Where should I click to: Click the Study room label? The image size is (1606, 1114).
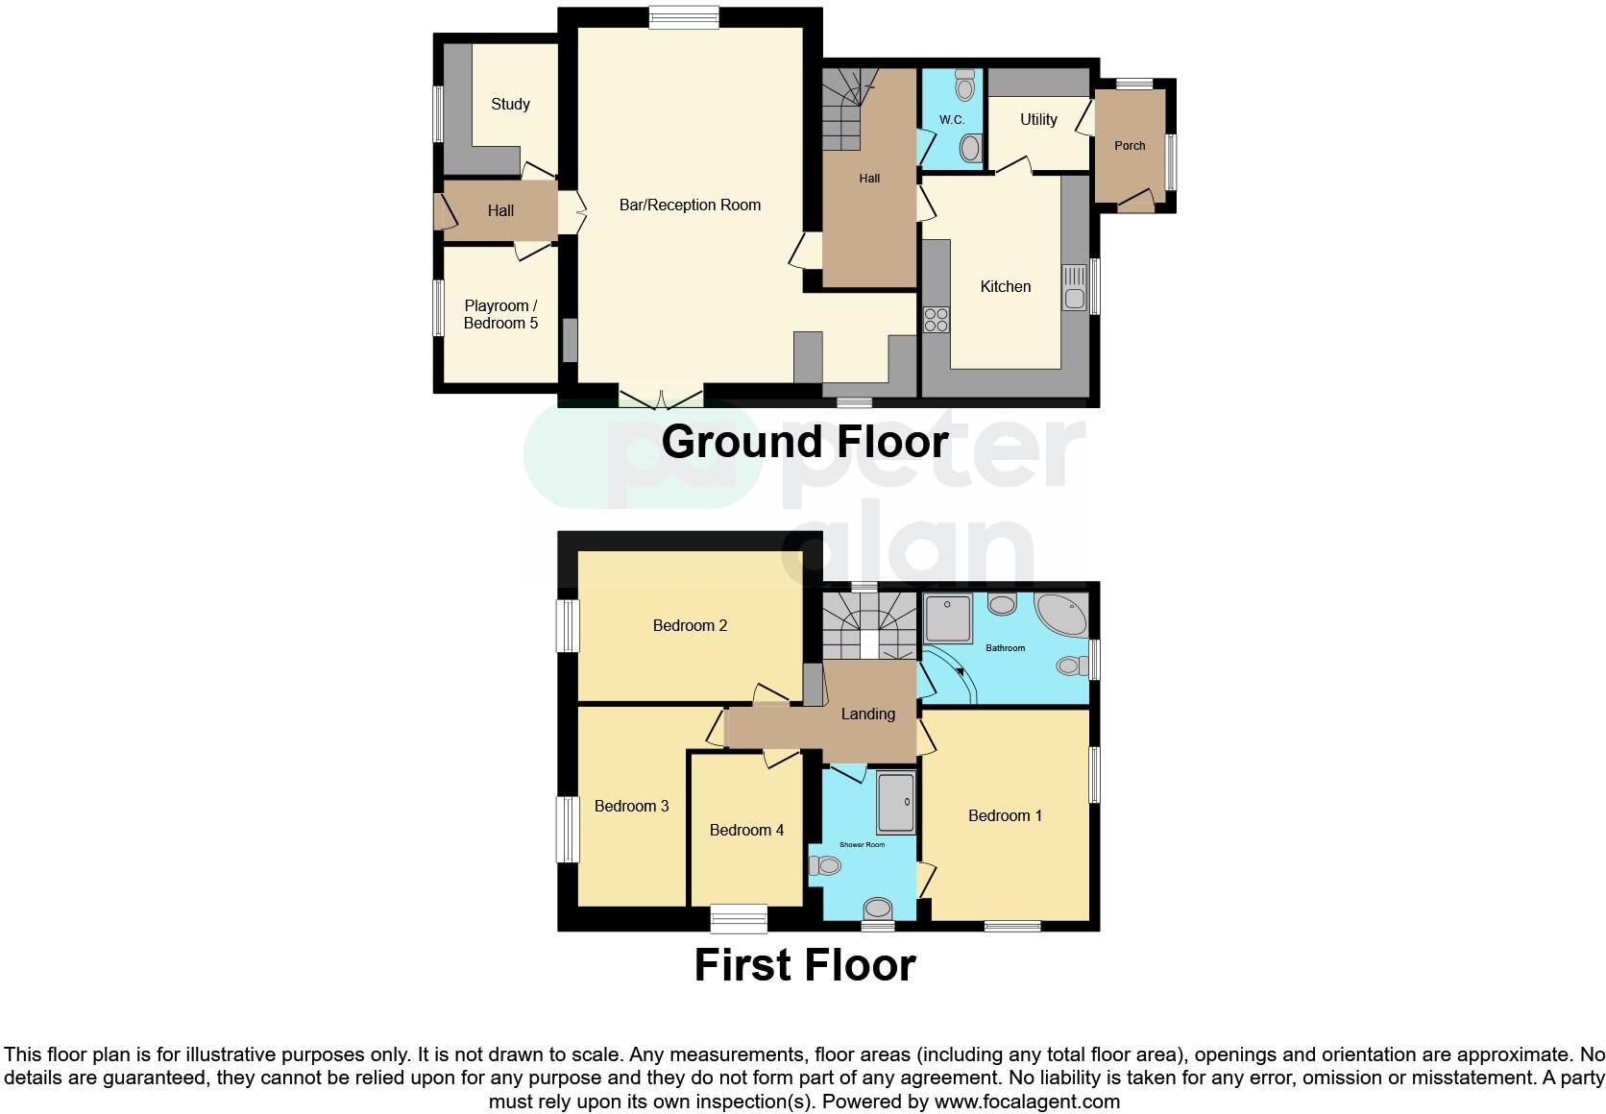point(510,105)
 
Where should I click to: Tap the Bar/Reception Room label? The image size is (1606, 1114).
point(690,205)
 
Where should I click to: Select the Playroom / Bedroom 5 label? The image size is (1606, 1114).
point(500,315)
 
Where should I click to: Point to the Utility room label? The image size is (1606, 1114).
point(1038,119)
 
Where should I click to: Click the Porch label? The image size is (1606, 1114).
point(1130,146)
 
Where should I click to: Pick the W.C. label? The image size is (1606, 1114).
point(952,120)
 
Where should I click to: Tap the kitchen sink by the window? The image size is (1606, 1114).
point(1074,287)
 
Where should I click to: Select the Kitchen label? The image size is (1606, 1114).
point(1005,286)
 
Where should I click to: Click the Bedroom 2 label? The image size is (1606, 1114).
point(690,626)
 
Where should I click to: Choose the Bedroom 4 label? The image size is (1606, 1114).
point(746,830)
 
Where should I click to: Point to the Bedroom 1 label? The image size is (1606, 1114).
point(1005,815)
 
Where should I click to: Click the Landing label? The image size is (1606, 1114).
point(867,714)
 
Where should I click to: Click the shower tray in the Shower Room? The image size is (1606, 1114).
point(896,802)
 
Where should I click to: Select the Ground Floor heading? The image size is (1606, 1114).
point(805,442)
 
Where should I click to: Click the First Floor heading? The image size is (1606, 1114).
point(805,965)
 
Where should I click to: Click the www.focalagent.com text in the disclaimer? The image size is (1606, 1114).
point(1029,1102)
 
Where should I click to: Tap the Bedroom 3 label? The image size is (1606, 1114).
point(631,806)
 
